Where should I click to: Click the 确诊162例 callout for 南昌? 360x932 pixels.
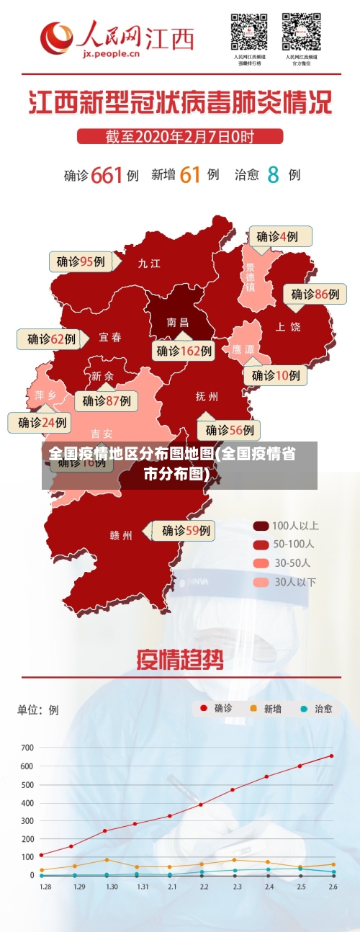[x=184, y=351]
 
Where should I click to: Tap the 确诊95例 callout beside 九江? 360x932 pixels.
[x=81, y=261]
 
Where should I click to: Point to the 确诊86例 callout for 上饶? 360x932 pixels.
[x=315, y=294]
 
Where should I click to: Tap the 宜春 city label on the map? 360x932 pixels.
[x=110, y=337]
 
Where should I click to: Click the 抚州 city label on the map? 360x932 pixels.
[x=207, y=396]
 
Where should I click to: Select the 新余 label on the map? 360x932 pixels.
[x=102, y=376]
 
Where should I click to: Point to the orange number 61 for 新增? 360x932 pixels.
[x=190, y=174]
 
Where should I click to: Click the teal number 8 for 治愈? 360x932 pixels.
[x=273, y=174]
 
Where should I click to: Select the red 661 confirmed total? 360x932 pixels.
[x=107, y=174]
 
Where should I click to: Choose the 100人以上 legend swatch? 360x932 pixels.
[x=261, y=526]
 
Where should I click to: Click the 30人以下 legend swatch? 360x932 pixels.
[x=261, y=581]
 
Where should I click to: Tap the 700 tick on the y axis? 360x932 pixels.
[x=27, y=748]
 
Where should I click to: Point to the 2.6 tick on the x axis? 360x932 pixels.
[x=332, y=887]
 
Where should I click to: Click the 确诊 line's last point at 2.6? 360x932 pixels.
[x=332, y=756]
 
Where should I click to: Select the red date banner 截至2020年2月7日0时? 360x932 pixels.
[x=180, y=136]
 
